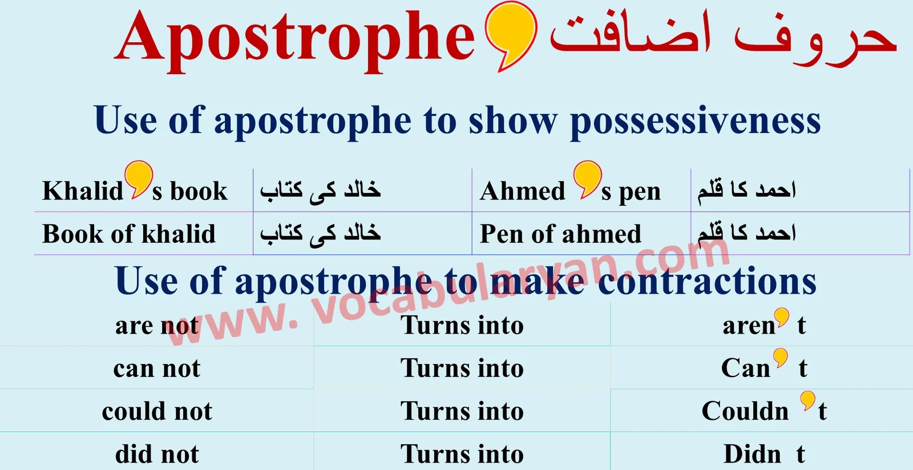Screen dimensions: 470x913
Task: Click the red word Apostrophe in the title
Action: [x=295, y=39]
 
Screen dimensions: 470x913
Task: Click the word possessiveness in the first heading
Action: [x=695, y=121]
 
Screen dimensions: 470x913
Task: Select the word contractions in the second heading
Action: [x=707, y=282]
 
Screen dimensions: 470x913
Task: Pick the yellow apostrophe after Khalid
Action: [x=139, y=177]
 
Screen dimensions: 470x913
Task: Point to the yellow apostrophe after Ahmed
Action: [x=587, y=177]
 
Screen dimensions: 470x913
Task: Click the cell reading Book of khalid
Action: [x=129, y=234]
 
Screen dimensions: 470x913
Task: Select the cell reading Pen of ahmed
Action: [x=560, y=234]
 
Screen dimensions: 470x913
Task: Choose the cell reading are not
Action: [x=157, y=326]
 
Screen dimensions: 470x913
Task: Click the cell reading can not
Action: [x=157, y=368]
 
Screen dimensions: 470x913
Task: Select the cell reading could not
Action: [x=157, y=411]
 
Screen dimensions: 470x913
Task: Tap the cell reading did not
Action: [x=157, y=454]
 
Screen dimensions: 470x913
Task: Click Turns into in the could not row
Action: [x=462, y=411]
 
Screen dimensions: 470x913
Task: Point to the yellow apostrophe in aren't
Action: [x=782, y=316]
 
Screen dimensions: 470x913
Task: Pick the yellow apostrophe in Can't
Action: [x=781, y=358]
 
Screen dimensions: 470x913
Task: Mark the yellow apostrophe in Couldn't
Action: [x=807, y=399]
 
